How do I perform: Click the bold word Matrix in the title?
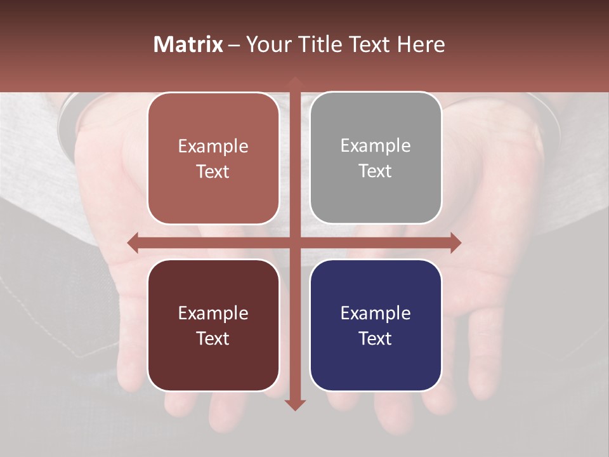[188, 44]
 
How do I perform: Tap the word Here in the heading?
[421, 44]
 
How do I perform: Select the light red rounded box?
[213, 158]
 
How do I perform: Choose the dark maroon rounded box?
[213, 325]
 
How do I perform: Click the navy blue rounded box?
[376, 325]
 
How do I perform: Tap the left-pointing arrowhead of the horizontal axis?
[133, 242]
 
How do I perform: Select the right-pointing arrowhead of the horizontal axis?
[455, 242]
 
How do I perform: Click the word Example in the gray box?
[376, 145]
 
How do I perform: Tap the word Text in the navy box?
[376, 338]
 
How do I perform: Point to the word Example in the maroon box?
[213, 313]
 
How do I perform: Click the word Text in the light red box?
[213, 171]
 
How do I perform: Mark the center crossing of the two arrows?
[294, 242]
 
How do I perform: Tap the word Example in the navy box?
[376, 313]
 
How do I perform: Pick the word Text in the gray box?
[376, 171]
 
